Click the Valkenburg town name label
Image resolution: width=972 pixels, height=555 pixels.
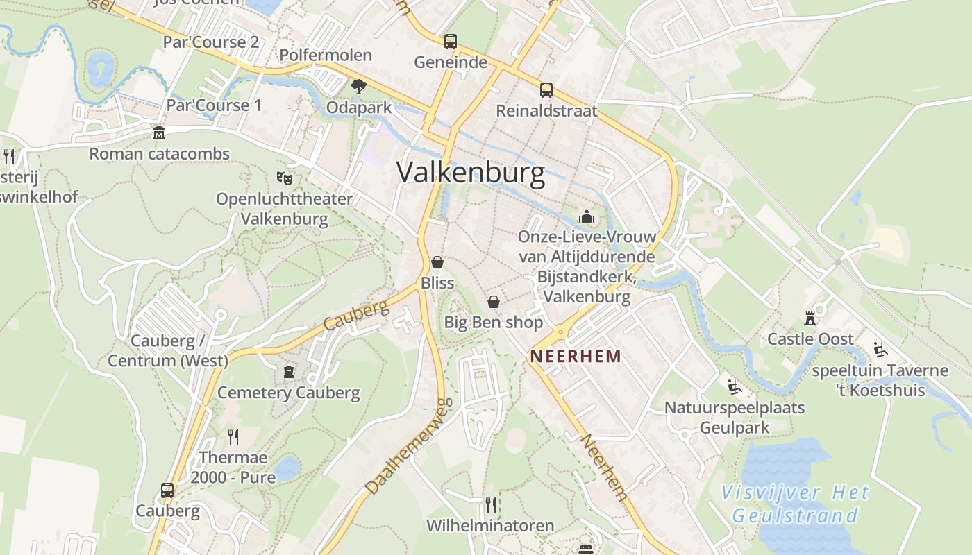[x=471, y=173]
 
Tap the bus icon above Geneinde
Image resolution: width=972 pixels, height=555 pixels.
[x=451, y=42]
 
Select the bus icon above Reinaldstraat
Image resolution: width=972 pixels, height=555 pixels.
[x=546, y=90]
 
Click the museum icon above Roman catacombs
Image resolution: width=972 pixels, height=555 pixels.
[x=159, y=133]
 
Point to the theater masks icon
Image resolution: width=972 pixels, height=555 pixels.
[x=284, y=178]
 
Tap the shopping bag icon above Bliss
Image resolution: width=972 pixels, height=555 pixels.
[x=437, y=262]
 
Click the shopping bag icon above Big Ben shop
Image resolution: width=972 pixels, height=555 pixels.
[x=493, y=302]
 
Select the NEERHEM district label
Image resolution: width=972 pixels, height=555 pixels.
[x=576, y=357]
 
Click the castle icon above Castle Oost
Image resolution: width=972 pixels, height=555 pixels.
[x=810, y=318]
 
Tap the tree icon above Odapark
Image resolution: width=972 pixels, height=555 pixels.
[x=359, y=87]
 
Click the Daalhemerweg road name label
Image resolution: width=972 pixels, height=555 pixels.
[x=409, y=446]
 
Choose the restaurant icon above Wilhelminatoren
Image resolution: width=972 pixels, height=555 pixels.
[x=490, y=504]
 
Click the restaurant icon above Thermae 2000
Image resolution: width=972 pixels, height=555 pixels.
[x=233, y=436]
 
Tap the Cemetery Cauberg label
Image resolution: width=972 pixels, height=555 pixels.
[x=289, y=393]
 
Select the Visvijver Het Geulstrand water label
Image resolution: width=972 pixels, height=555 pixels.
[x=795, y=504]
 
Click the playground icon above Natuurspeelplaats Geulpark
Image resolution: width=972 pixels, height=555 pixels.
[x=734, y=386]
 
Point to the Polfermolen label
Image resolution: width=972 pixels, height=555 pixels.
[x=326, y=55]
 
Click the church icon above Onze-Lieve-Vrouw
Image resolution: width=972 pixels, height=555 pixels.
[x=587, y=216]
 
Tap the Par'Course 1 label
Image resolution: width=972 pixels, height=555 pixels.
[x=214, y=105]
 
